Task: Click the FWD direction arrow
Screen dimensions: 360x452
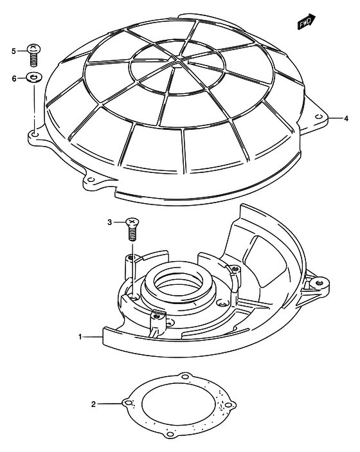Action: pos(307,22)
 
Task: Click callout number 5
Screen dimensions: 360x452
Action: pos(14,51)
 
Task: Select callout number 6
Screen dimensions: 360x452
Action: pos(14,78)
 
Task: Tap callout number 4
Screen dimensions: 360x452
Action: pos(346,118)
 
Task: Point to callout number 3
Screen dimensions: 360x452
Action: pos(109,222)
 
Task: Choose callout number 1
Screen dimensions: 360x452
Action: pos(80,337)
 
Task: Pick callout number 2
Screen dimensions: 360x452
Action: pos(93,404)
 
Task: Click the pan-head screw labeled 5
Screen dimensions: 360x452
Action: pos(34,55)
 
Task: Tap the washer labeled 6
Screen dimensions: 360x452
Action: pos(34,77)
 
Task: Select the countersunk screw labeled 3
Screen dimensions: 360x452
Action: pos(132,229)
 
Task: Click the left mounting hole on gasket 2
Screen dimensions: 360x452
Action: pos(129,402)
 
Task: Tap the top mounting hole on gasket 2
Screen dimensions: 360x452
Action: pos(185,377)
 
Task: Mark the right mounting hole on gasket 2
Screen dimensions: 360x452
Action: pos(228,405)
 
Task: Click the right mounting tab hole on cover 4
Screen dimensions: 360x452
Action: pos(318,116)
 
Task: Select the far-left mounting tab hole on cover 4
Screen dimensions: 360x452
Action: pos(35,134)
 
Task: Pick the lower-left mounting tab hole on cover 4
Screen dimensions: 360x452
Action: pos(91,179)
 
